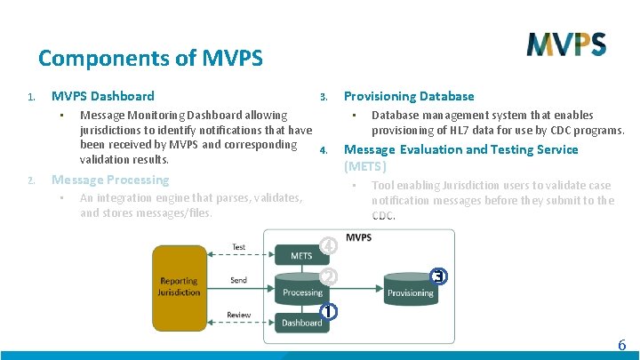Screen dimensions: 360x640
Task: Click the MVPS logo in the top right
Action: click(565, 44)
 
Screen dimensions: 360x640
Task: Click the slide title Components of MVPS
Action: click(150, 59)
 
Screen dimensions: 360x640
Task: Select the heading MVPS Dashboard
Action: click(102, 96)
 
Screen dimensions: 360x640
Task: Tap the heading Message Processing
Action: click(109, 180)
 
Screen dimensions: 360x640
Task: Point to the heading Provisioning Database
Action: click(409, 96)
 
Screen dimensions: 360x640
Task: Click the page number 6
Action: click(622, 345)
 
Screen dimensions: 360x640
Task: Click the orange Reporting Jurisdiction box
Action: click(179, 285)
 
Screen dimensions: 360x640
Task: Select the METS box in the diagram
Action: click(301, 256)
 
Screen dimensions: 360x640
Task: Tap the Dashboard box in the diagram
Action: click(301, 322)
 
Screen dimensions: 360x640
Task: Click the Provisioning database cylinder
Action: click(410, 286)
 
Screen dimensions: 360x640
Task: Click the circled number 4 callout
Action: click(329, 244)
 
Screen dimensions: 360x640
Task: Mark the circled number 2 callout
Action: click(329, 276)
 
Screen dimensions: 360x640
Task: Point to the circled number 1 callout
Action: click(329, 311)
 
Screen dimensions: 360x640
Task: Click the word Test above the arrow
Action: click(238, 247)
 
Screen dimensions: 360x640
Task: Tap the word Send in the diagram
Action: click(238, 280)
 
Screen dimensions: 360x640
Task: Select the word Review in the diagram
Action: click(238, 315)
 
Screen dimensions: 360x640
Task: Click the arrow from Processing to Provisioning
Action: click(356, 288)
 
